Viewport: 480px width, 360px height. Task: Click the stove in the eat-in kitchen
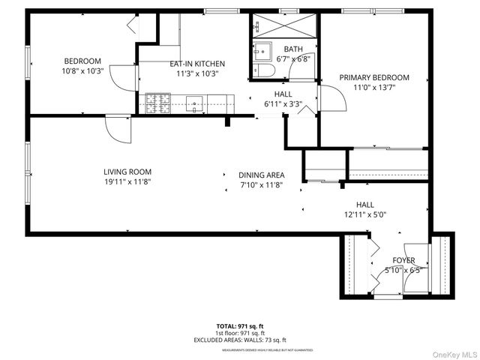point(157,103)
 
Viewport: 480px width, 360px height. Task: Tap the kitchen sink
point(196,103)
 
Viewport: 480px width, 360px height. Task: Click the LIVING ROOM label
point(127,172)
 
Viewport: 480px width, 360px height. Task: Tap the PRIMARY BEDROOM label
point(374,77)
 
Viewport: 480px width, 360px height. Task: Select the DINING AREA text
point(262,175)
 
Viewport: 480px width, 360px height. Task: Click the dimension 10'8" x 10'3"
point(82,72)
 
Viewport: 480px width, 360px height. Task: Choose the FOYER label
point(403,260)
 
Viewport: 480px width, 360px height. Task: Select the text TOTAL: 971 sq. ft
point(240,326)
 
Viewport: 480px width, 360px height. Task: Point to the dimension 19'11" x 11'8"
point(127,181)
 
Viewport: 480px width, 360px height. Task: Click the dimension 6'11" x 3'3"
point(283,103)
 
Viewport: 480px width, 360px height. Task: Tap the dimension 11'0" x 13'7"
point(374,87)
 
